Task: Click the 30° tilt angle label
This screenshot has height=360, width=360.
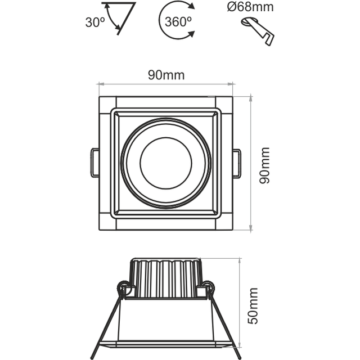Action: click(x=95, y=22)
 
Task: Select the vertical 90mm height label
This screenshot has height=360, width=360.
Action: click(x=264, y=165)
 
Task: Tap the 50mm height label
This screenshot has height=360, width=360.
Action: click(x=253, y=305)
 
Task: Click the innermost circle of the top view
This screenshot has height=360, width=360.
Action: click(x=166, y=163)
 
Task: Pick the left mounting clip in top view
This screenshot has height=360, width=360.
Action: click(x=94, y=163)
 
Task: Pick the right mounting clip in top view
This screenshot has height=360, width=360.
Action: click(x=237, y=163)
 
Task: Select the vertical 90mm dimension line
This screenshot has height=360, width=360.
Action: click(x=251, y=163)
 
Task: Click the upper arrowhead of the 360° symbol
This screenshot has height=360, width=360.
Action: click(x=191, y=7)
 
